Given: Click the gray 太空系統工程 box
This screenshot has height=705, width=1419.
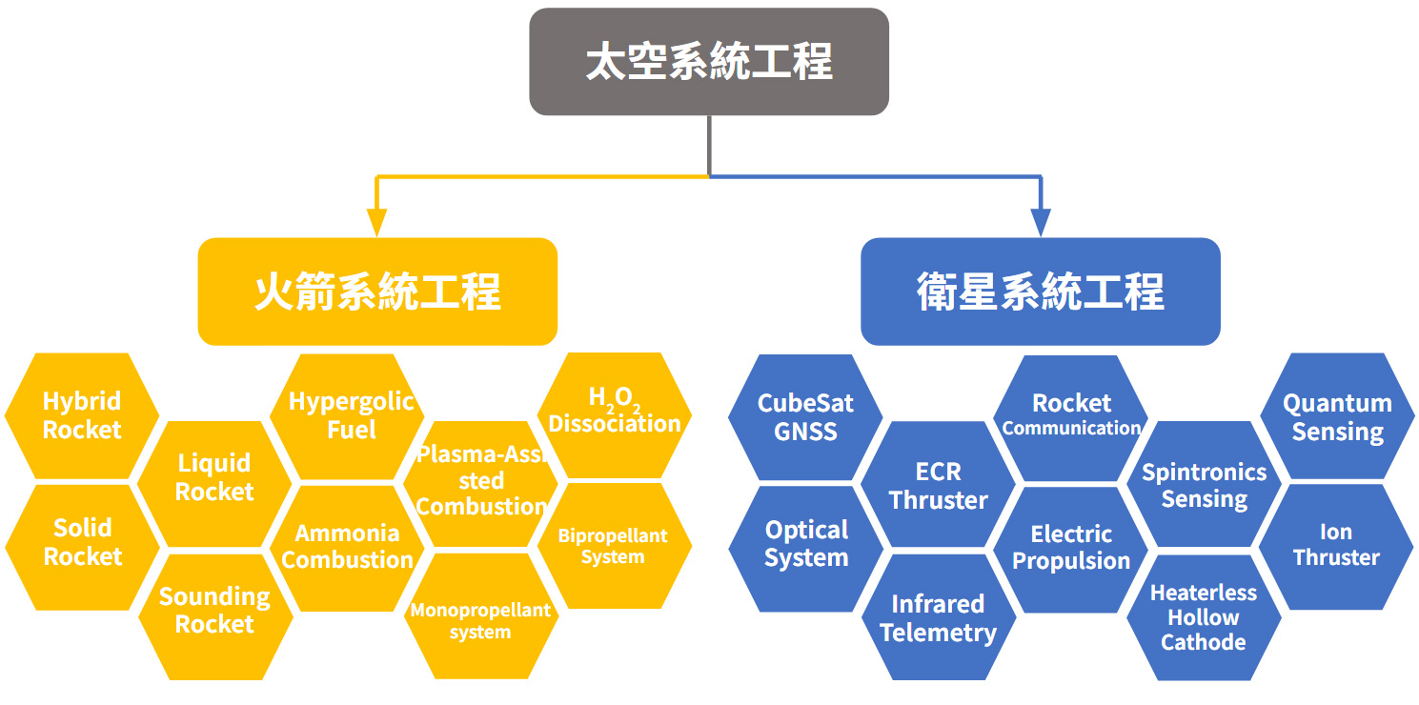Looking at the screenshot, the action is click(x=709, y=61).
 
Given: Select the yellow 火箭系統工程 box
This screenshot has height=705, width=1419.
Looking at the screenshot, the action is click(x=377, y=292).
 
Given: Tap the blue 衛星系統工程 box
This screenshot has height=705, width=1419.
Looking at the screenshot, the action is click(x=1040, y=292).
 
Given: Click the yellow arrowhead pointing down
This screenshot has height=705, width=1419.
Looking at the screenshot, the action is click(x=377, y=222).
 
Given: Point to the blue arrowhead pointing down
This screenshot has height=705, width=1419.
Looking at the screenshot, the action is click(x=1041, y=222).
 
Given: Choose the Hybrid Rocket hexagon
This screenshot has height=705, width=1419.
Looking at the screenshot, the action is click(x=82, y=415).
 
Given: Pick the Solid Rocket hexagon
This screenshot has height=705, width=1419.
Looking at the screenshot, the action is click(x=82, y=547).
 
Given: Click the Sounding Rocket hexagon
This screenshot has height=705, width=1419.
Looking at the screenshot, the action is click(x=215, y=617).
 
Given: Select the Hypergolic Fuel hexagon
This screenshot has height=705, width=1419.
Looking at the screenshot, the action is click(x=347, y=416).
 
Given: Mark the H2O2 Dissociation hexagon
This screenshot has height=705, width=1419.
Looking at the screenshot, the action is click(x=615, y=415).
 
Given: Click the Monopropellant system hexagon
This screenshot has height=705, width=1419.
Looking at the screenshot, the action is click(x=481, y=616).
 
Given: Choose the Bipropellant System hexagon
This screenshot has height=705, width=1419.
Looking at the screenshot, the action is click(x=615, y=546).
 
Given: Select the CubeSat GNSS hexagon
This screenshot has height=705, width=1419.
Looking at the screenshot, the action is click(x=805, y=416).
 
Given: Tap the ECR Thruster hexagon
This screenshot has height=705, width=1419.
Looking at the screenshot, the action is click(x=938, y=484).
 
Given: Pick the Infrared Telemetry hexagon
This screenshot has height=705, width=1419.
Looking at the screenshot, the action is click(x=939, y=617).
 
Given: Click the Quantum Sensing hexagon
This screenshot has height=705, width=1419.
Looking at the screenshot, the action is click(x=1337, y=415).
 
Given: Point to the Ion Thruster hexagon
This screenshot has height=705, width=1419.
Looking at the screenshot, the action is click(x=1336, y=547).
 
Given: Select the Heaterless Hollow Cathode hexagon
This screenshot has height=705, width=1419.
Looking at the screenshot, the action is click(x=1204, y=617).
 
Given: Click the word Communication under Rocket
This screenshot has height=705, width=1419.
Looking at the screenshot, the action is click(x=1071, y=428).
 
